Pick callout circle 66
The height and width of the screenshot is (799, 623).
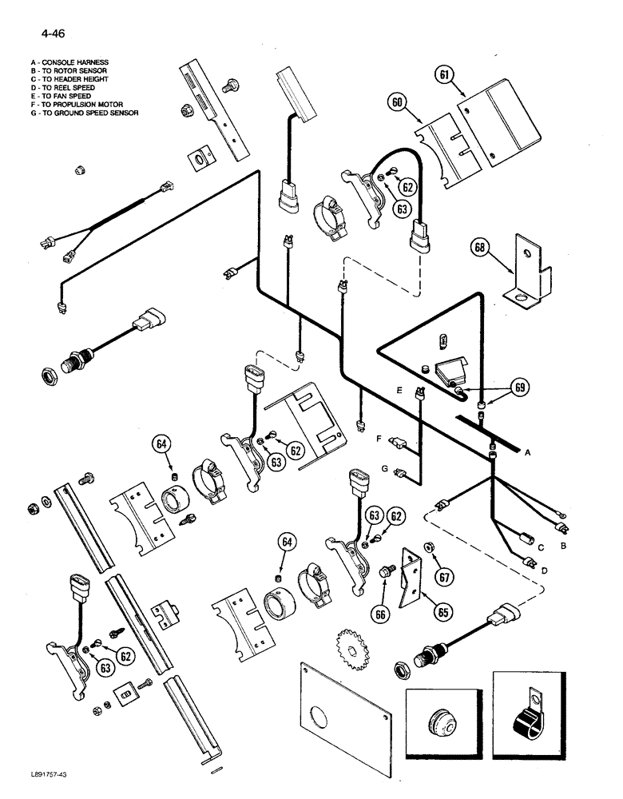380,612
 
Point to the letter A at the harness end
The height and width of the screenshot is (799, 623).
527,451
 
